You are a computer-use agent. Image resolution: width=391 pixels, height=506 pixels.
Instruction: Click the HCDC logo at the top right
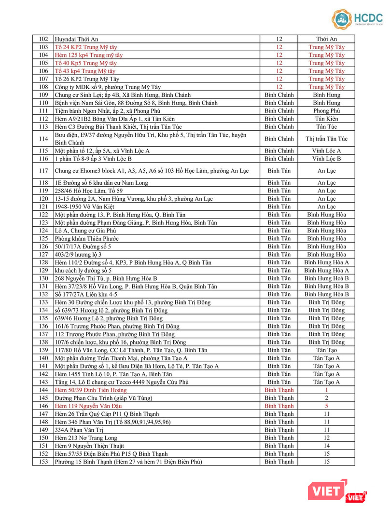click(356, 18)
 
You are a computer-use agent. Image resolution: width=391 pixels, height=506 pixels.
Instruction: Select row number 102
click(43, 39)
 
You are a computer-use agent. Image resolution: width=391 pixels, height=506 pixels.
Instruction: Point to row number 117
click(43, 170)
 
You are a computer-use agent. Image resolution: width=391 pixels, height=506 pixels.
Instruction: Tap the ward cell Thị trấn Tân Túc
click(326, 139)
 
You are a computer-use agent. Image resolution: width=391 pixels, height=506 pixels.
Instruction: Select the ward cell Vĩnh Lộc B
click(326, 159)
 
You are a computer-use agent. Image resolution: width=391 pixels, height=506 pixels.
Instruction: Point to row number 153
click(43, 462)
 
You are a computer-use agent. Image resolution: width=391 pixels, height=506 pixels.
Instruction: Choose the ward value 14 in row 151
click(326, 446)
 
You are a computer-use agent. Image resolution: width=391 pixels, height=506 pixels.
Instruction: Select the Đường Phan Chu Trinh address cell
click(103, 398)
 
